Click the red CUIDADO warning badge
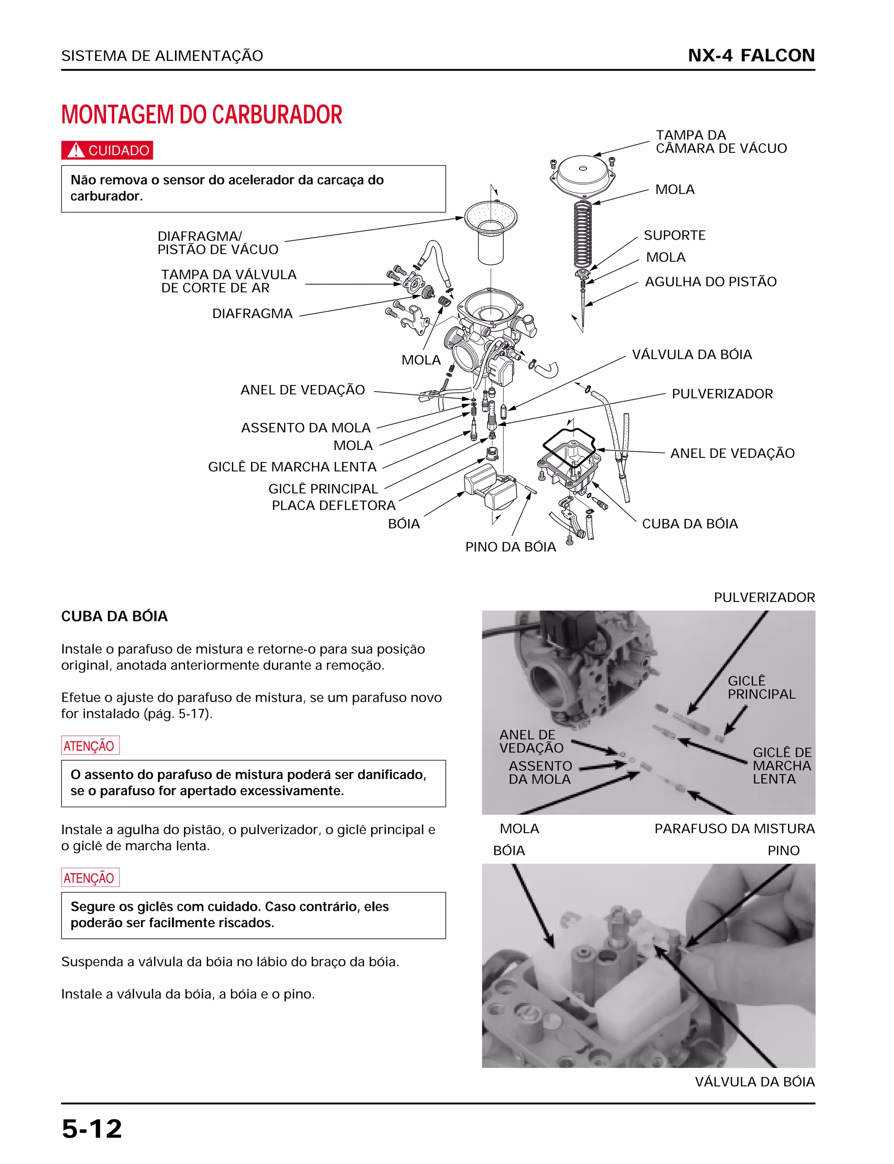pos(107,151)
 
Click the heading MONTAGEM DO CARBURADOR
pos(202,115)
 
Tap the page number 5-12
pos(92,1129)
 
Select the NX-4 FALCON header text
pos(751,55)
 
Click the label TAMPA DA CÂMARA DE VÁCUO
pos(721,141)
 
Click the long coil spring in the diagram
pos(583,234)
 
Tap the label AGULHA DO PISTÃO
pos(710,282)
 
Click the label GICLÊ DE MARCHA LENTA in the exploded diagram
pos(292,467)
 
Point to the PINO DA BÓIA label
pos(510,547)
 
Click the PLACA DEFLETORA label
pos(333,505)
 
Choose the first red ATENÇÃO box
pos(90,746)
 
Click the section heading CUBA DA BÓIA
pos(114,616)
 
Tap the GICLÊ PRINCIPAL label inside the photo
pos(761,687)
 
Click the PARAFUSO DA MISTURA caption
pos(734,829)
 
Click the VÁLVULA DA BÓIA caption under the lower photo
pos(755,1082)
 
